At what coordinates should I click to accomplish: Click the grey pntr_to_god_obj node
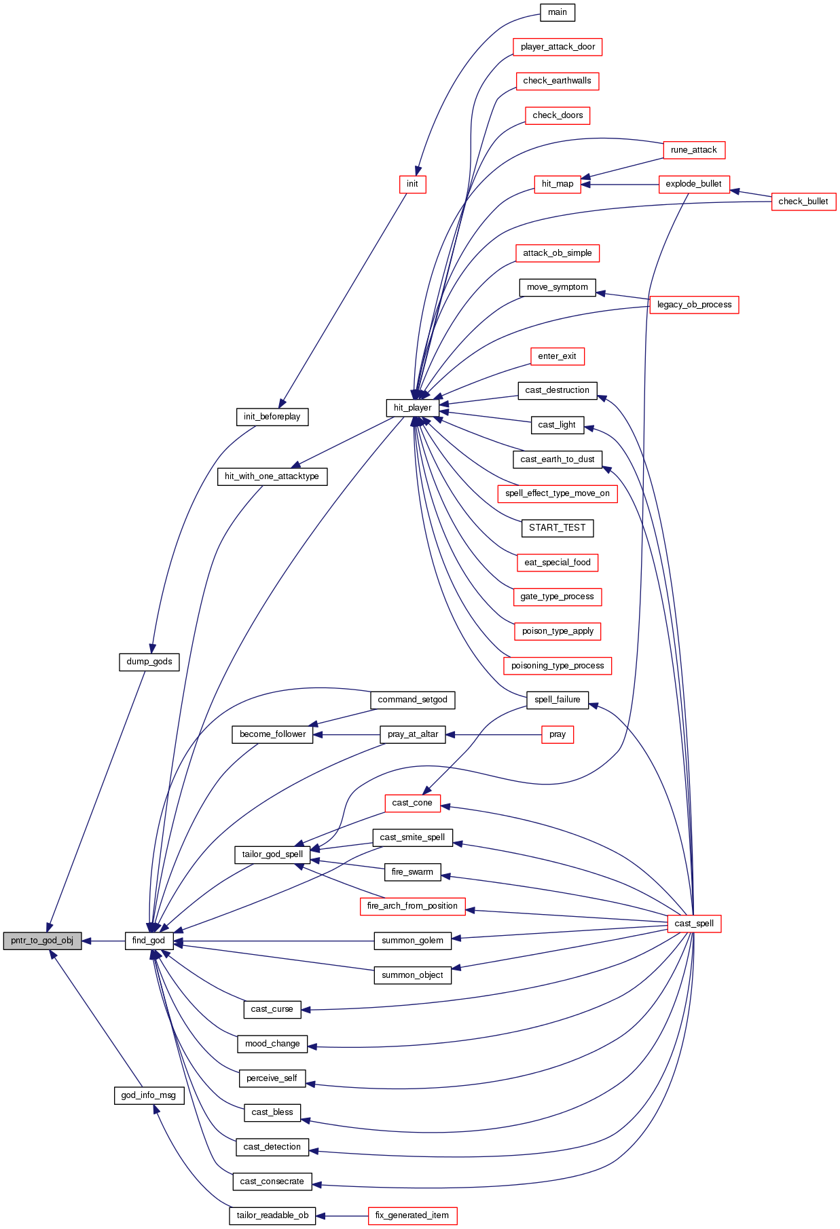42,941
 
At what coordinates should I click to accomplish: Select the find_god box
149,941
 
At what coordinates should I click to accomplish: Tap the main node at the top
558,12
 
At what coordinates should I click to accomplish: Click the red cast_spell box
694,924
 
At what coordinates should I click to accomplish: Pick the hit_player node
412,408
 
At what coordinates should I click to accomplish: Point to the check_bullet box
803,202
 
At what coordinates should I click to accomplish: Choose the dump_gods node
149,662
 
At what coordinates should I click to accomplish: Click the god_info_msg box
149,1095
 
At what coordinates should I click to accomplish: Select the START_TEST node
558,528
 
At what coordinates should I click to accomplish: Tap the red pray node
558,734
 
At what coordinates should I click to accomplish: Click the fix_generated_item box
412,1215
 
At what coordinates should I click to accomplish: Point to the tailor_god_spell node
272,854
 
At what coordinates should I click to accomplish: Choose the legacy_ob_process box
694,305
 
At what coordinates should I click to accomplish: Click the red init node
412,184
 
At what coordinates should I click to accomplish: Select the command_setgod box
412,700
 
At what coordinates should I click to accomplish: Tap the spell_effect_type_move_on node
558,493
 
